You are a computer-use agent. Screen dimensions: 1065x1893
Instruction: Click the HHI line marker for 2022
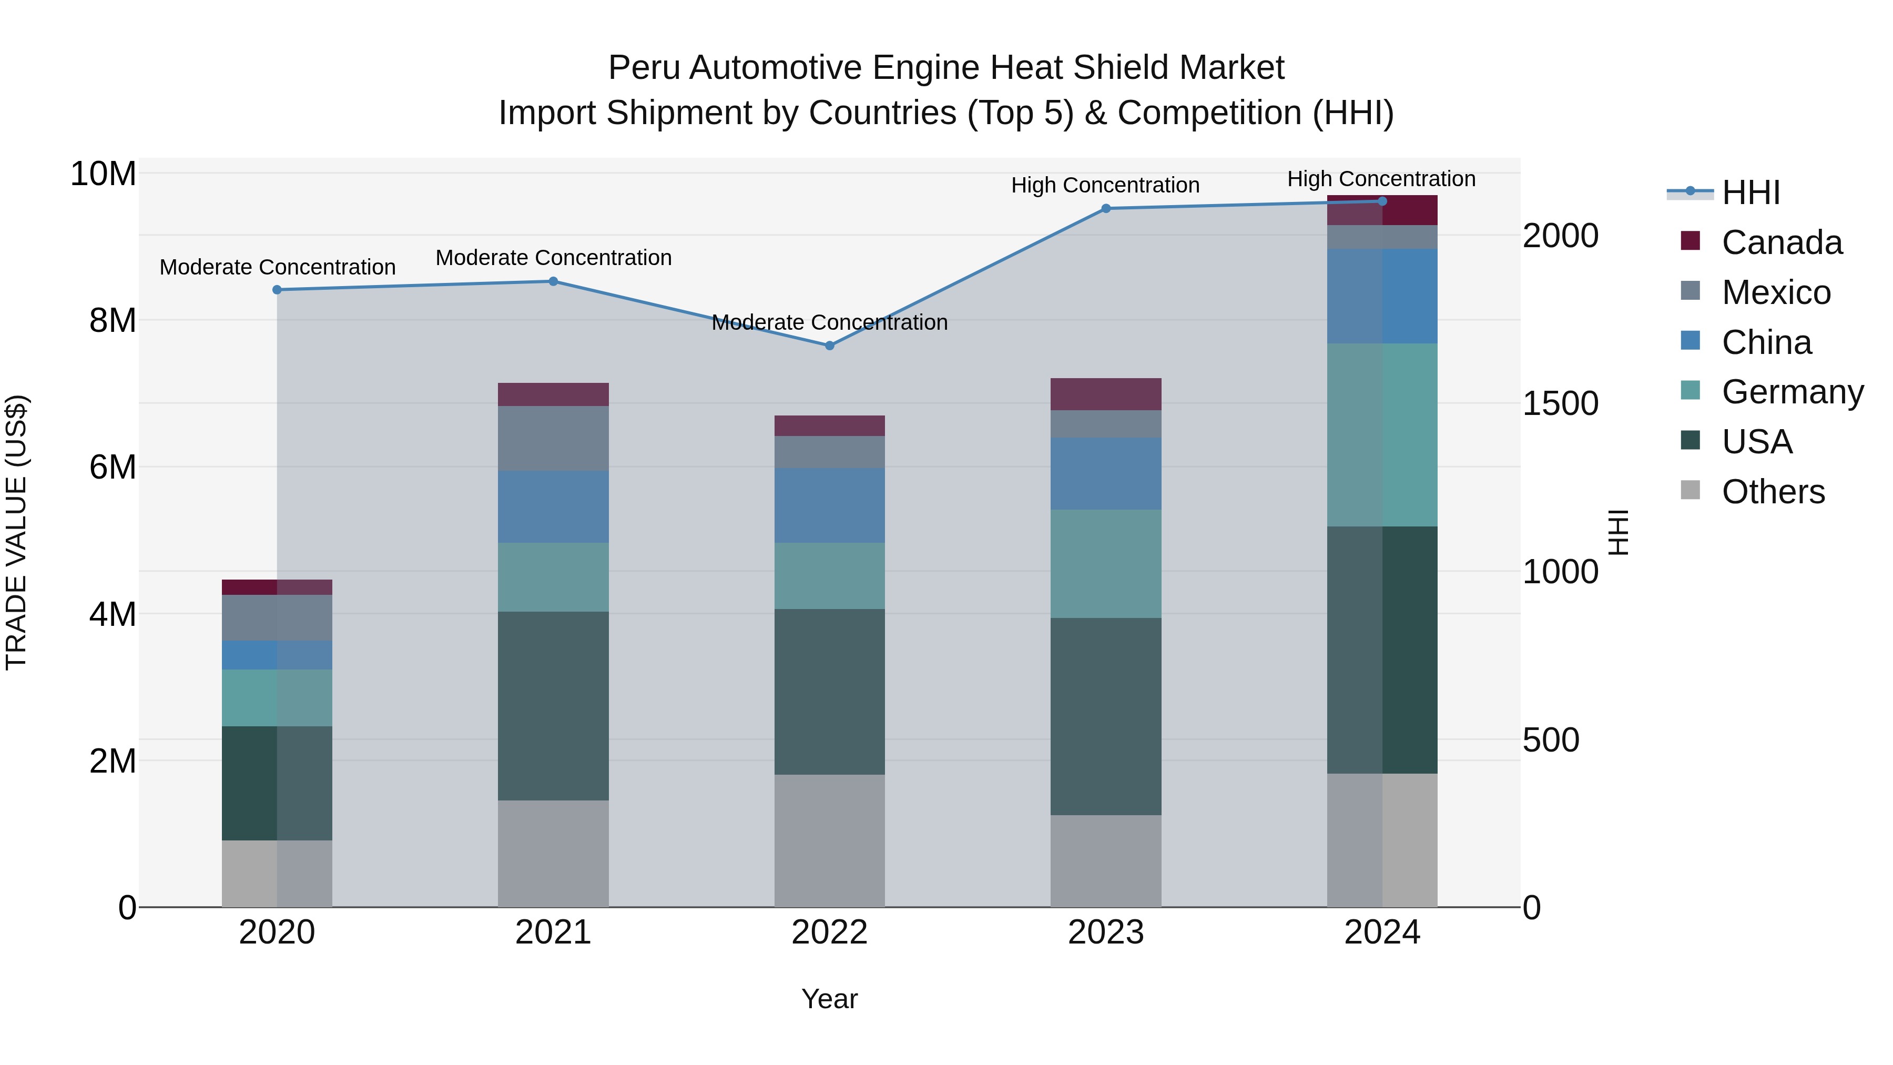(x=830, y=346)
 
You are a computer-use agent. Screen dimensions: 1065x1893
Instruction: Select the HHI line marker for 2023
(x=1106, y=209)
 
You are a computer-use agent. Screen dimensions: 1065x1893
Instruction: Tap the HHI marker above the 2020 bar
(x=277, y=290)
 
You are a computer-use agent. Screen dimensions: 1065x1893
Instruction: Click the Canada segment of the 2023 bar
(x=1106, y=394)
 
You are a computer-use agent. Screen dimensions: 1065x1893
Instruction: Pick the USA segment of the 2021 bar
(x=553, y=706)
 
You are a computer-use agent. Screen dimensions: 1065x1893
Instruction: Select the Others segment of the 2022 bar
(x=830, y=840)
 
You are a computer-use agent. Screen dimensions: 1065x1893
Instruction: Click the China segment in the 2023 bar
(x=1106, y=473)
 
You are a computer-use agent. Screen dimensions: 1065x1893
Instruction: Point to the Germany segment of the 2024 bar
(x=1382, y=434)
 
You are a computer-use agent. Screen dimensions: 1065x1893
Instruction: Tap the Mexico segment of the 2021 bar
(x=553, y=438)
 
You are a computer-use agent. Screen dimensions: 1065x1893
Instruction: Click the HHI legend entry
(x=1750, y=192)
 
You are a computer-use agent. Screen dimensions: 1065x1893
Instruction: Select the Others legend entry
(x=1773, y=492)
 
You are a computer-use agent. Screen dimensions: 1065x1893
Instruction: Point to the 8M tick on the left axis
(x=113, y=320)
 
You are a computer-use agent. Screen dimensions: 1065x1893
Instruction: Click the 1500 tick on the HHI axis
(x=1560, y=403)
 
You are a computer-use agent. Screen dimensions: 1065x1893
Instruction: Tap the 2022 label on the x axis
(x=830, y=932)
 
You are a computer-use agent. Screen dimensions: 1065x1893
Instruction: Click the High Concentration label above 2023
(x=1105, y=185)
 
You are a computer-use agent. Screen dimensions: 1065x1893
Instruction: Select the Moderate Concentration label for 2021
(x=553, y=258)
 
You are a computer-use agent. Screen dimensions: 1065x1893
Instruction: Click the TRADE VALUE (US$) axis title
(x=16, y=532)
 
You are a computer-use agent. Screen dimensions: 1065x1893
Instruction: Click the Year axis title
(x=830, y=999)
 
